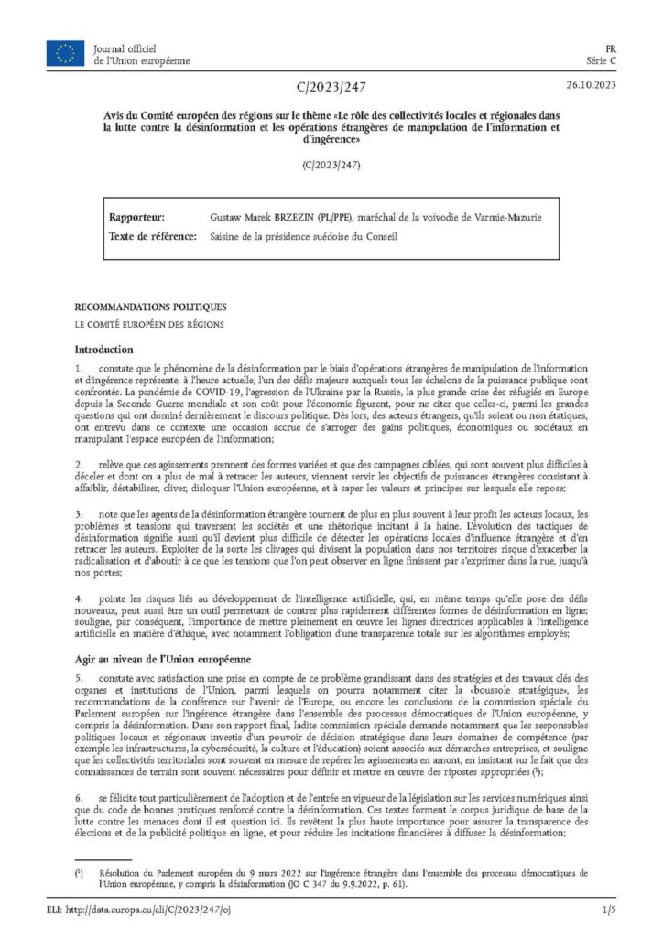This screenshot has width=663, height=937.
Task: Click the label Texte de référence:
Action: coord(153,237)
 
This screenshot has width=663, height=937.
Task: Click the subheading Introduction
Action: coord(103,349)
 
